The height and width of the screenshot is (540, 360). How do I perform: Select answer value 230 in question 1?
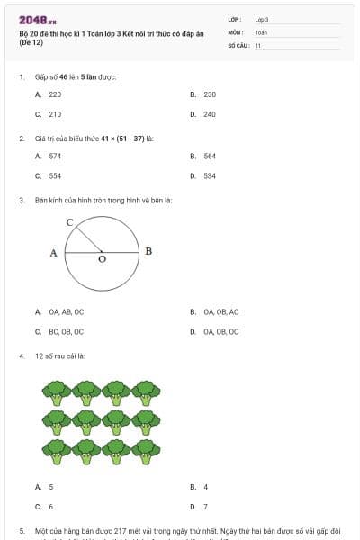(x=210, y=94)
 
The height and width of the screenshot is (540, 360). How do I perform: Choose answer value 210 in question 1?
(x=55, y=114)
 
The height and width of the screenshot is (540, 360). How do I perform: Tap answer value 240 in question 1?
(x=210, y=114)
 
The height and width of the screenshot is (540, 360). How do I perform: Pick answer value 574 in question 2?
(x=55, y=156)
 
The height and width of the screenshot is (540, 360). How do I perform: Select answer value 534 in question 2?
(x=210, y=176)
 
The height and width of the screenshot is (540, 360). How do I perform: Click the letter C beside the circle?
(x=69, y=220)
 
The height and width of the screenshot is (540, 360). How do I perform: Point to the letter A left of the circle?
(x=54, y=253)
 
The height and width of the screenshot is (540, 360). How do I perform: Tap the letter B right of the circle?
(x=148, y=251)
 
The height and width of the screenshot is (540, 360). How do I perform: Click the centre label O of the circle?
(x=101, y=259)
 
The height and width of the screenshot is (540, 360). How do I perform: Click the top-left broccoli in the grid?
(x=57, y=391)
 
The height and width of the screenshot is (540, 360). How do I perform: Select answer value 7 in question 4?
(x=205, y=507)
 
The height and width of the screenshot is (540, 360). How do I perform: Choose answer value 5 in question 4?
(x=51, y=486)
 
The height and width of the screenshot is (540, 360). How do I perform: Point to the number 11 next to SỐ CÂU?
(x=258, y=45)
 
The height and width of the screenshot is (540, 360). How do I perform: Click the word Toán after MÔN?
(x=261, y=31)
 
